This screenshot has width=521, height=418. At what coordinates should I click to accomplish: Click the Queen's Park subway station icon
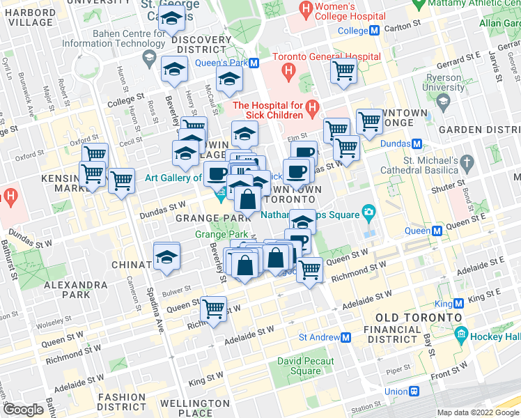coord(254,62)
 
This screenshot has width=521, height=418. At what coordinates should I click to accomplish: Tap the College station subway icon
coord(374,31)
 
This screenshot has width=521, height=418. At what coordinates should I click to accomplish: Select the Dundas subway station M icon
coord(417,144)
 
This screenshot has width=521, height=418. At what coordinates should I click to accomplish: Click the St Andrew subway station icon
coord(346,337)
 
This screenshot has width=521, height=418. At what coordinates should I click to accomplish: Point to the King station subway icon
coord(459,304)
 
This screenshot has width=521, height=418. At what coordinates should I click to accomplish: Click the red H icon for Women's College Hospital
coord(304,10)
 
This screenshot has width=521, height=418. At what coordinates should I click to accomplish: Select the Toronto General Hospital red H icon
coord(288,71)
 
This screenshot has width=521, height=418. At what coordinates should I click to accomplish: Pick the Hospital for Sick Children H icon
coord(312,109)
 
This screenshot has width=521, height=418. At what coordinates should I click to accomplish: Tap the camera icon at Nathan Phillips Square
coord(368,212)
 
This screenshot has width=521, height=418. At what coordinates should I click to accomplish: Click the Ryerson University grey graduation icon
coord(442,101)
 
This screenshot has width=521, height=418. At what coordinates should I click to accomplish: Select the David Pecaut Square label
coord(306,366)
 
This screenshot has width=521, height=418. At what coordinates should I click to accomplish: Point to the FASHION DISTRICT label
coord(122,401)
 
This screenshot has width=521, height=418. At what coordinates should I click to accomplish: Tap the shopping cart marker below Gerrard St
coord(343,70)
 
